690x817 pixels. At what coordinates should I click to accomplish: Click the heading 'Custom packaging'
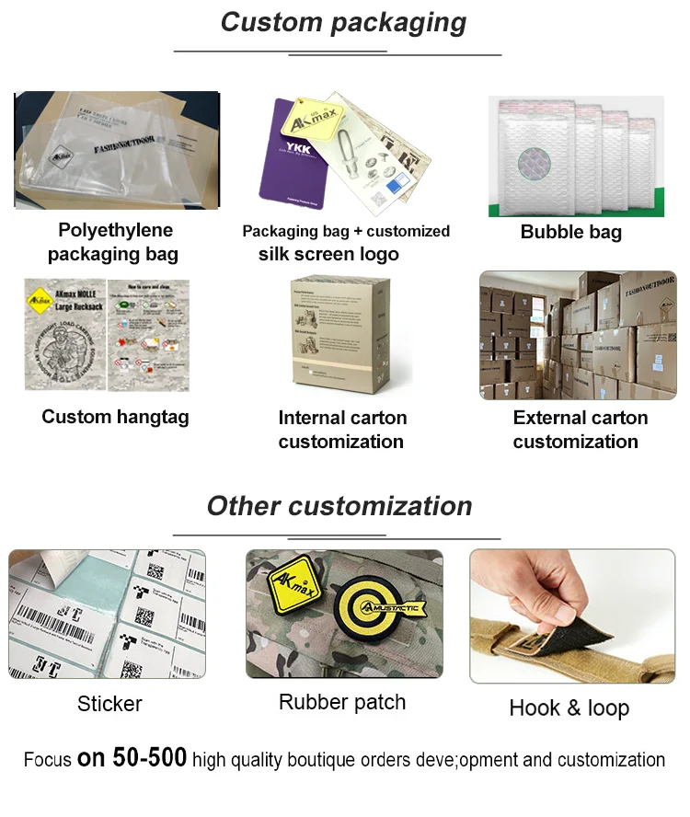tap(343, 22)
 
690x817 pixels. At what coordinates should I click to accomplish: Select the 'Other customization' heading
tap(339, 505)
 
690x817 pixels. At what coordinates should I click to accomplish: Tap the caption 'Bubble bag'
tap(571, 232)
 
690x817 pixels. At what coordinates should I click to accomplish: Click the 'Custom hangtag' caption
tap(115, 417)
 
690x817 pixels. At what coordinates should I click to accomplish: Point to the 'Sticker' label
tap(109, 704)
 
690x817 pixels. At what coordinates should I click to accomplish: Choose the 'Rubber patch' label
tap(342, 702)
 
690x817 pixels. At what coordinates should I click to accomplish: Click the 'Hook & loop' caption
tap(569, 708)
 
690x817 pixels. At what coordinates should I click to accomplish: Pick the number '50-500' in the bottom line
tap(150, 758)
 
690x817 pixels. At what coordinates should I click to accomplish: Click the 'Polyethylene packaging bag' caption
tap(114, 242)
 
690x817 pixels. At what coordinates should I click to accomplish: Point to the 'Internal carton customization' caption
tap(341, 429)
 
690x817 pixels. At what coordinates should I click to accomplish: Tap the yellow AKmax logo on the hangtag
tap(40, 299)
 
